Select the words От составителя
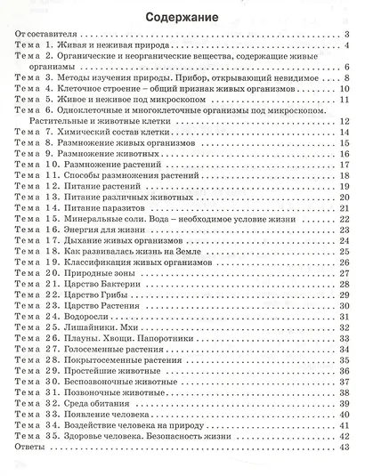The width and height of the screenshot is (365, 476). point(49,36)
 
